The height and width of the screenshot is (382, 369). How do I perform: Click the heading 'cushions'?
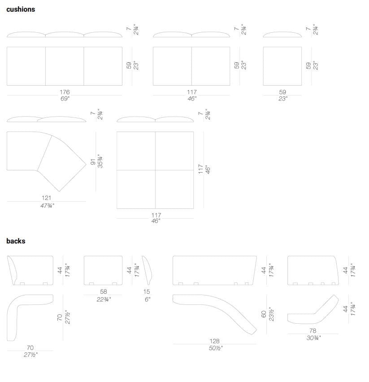pos(21,9)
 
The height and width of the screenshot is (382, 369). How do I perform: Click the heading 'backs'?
pos(16,241)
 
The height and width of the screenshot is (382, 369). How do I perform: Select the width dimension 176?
pos(65,92)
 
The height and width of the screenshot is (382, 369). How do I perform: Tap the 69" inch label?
pos(65,99)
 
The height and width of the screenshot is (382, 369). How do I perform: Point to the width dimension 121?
pos(46,198)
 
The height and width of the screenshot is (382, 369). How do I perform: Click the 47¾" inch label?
pos(47,206)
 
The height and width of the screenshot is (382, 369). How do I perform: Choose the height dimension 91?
pos(93,161)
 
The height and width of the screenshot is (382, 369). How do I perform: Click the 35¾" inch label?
pos(100,161)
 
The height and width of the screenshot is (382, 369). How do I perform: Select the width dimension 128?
pos(214,341)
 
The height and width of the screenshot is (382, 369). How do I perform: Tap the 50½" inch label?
pos(216,348)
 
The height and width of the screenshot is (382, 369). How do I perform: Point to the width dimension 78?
pos(313,330)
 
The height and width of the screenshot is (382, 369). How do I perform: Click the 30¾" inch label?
pos(313,338)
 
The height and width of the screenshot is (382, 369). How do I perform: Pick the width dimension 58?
pos(104,291)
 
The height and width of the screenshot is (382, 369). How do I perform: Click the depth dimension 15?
pos(146,291)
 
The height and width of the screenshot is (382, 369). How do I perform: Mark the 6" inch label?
pos(148,299)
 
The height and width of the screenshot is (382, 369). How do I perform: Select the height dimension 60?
pos(264,314)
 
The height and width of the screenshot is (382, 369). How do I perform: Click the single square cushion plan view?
pos(282,66)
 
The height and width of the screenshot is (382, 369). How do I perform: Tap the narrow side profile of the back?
pos(148,270)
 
